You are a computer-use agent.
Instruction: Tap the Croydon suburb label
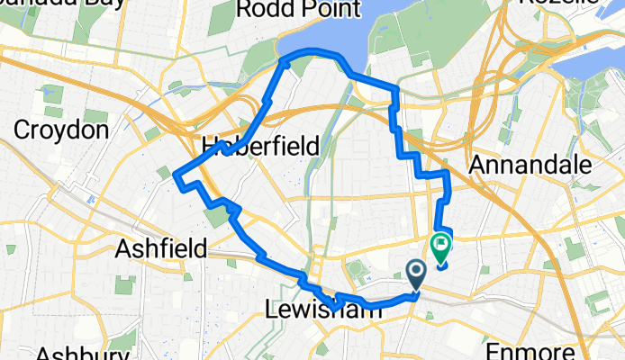(x=61, y=130)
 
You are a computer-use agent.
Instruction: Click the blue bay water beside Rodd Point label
(x=360, y=36)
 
